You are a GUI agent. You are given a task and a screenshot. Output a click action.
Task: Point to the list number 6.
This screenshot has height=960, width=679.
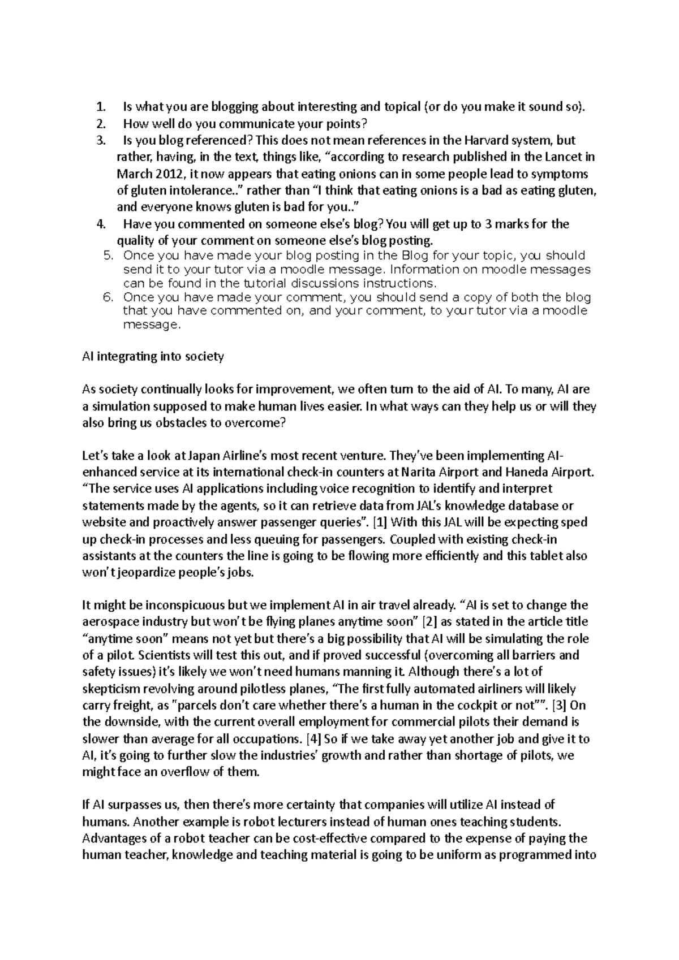(110, 297)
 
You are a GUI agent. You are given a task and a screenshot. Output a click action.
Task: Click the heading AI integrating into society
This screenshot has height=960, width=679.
(153, 357)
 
